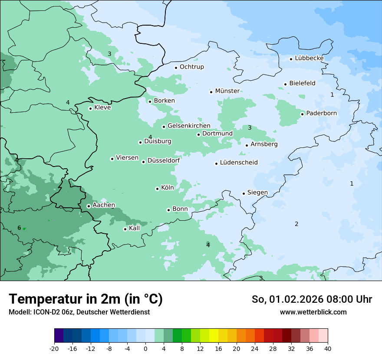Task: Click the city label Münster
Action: click(227, 91)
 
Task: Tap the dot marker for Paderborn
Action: click(303, 114)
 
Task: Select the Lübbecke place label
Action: click(309, 58)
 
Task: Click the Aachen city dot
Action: click(89, 206)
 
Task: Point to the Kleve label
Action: click(102, 108)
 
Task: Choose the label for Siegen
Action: click(257, 193)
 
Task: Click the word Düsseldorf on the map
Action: click(163, 161)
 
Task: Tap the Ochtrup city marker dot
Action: click(176, 67)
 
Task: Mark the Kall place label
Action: click(135, 228)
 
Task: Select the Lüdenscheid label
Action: click(239, 163)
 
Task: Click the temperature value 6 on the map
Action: click(19, 228)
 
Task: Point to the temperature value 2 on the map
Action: click(296, 224)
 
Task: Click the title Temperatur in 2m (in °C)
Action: click(86, 299)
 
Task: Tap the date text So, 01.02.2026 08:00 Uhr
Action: click(312, 299)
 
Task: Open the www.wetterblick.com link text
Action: click(313, 312)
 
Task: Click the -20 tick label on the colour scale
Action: click(54, 349)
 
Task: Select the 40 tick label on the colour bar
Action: click(328, 349)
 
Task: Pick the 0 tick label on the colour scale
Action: click(145, 349)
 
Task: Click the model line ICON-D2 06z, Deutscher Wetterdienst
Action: click(79, 312)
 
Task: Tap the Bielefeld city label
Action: click(302, 83)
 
